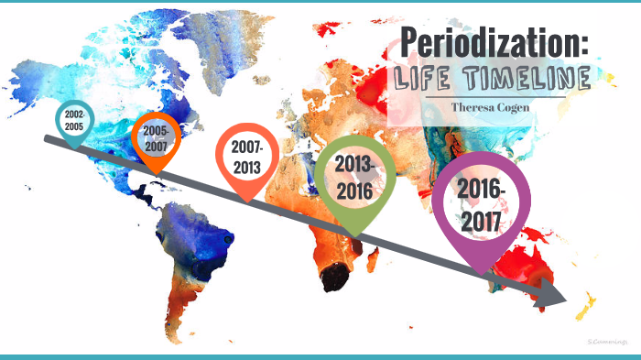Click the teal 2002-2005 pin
click(x=73, y=121)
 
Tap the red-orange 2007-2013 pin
click(x=246, y=158)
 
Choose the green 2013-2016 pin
click(x=356, y=177)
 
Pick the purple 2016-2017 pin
click(x=482, y=203)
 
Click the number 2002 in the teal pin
click(x=73, y=113)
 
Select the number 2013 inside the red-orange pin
click(x=246, y=167)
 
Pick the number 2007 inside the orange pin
click(x=156, y=145)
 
